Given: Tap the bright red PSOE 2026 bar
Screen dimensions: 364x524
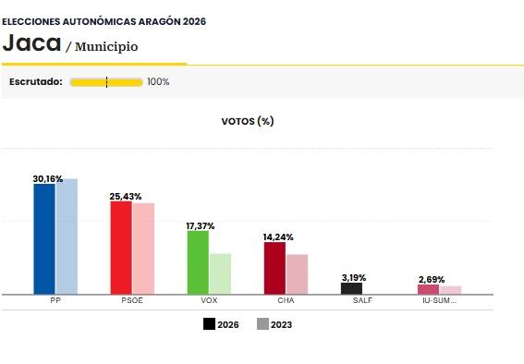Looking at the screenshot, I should pyautogui.click(x=121, y=248).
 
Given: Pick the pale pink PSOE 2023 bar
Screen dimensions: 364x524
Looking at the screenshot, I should pyautogui.click(x=143, y=249).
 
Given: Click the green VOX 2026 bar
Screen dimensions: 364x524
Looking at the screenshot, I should pyautogui.click(x=198, y=262).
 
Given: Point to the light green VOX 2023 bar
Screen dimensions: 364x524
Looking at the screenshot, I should pyautogui.click(x=220, y=273).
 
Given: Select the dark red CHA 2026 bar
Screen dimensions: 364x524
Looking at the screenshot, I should pyautogui.click(x=274, y=268).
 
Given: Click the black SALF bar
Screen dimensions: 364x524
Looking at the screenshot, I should pyautogui.click(x=351, y=288).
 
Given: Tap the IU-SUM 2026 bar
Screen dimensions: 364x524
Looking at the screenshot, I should pyautogui.click(x=428, y=289).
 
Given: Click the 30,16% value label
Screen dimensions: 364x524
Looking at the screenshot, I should pyautogui.click(x=47, y=178).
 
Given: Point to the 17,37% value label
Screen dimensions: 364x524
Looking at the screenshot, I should pyautogui.click(x=201, y=225).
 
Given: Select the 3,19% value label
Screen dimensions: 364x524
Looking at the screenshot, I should pyautogui.click(x=354, y=277).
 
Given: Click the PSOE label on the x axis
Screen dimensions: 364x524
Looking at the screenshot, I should pyautogui.click(x=132, y=301).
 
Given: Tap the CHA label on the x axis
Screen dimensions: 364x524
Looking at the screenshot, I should pyautogui.click(x=286, y=301).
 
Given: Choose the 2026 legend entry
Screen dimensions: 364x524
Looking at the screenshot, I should pyautogui.click(x=221, y=324).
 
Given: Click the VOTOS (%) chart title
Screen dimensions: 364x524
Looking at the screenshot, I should pyautogui.click(x=247, y=121).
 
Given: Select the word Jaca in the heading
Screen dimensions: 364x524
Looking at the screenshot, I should pyautogui.click(x=31, y=42).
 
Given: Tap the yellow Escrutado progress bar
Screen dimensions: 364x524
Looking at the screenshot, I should pyautogui.click(x=106, y=81).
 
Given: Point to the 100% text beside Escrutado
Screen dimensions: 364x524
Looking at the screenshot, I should pyautogui.click(x=158, y=81).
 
